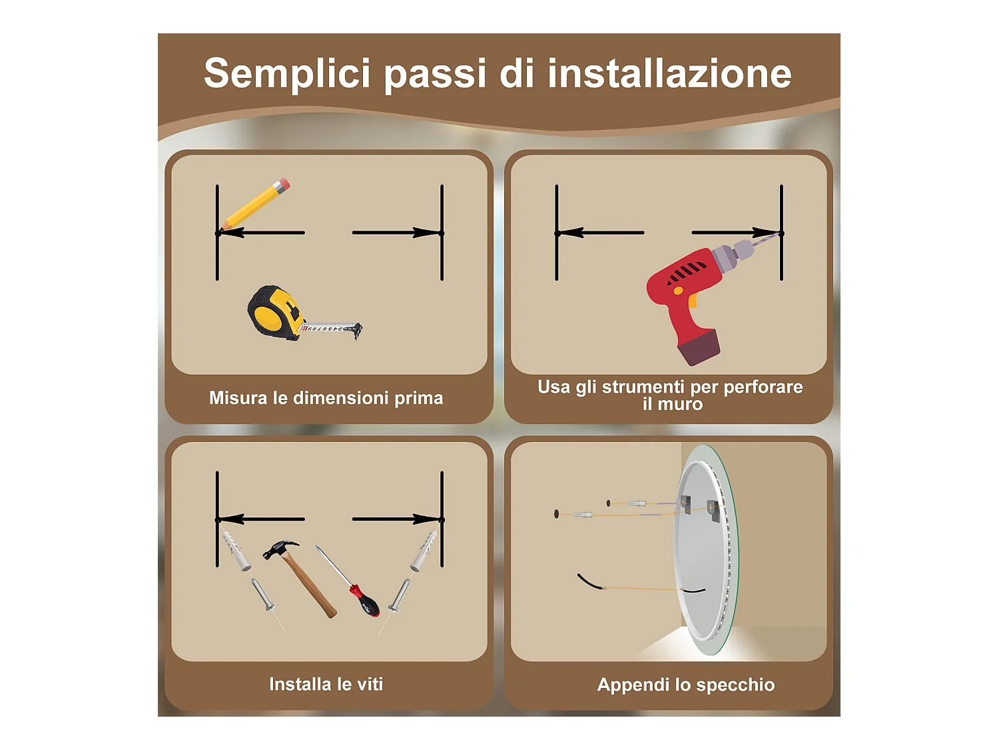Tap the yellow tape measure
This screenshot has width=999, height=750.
click(x=274, y=312)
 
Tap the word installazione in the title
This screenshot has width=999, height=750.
click(x=669, y=73)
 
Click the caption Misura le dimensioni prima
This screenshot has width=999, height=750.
click(x=326, y=398)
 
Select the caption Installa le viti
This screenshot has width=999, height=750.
click(x=326, y=684)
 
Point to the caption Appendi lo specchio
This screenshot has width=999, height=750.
click(x=685, y=685)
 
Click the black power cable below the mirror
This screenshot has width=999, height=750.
click(x=590, y=582)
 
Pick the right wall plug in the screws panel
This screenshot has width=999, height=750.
click(x=424, y=551)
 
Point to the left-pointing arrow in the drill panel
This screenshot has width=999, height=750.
click(x=599, y=233)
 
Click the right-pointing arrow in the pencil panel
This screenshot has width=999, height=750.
click(x=396, y=233)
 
